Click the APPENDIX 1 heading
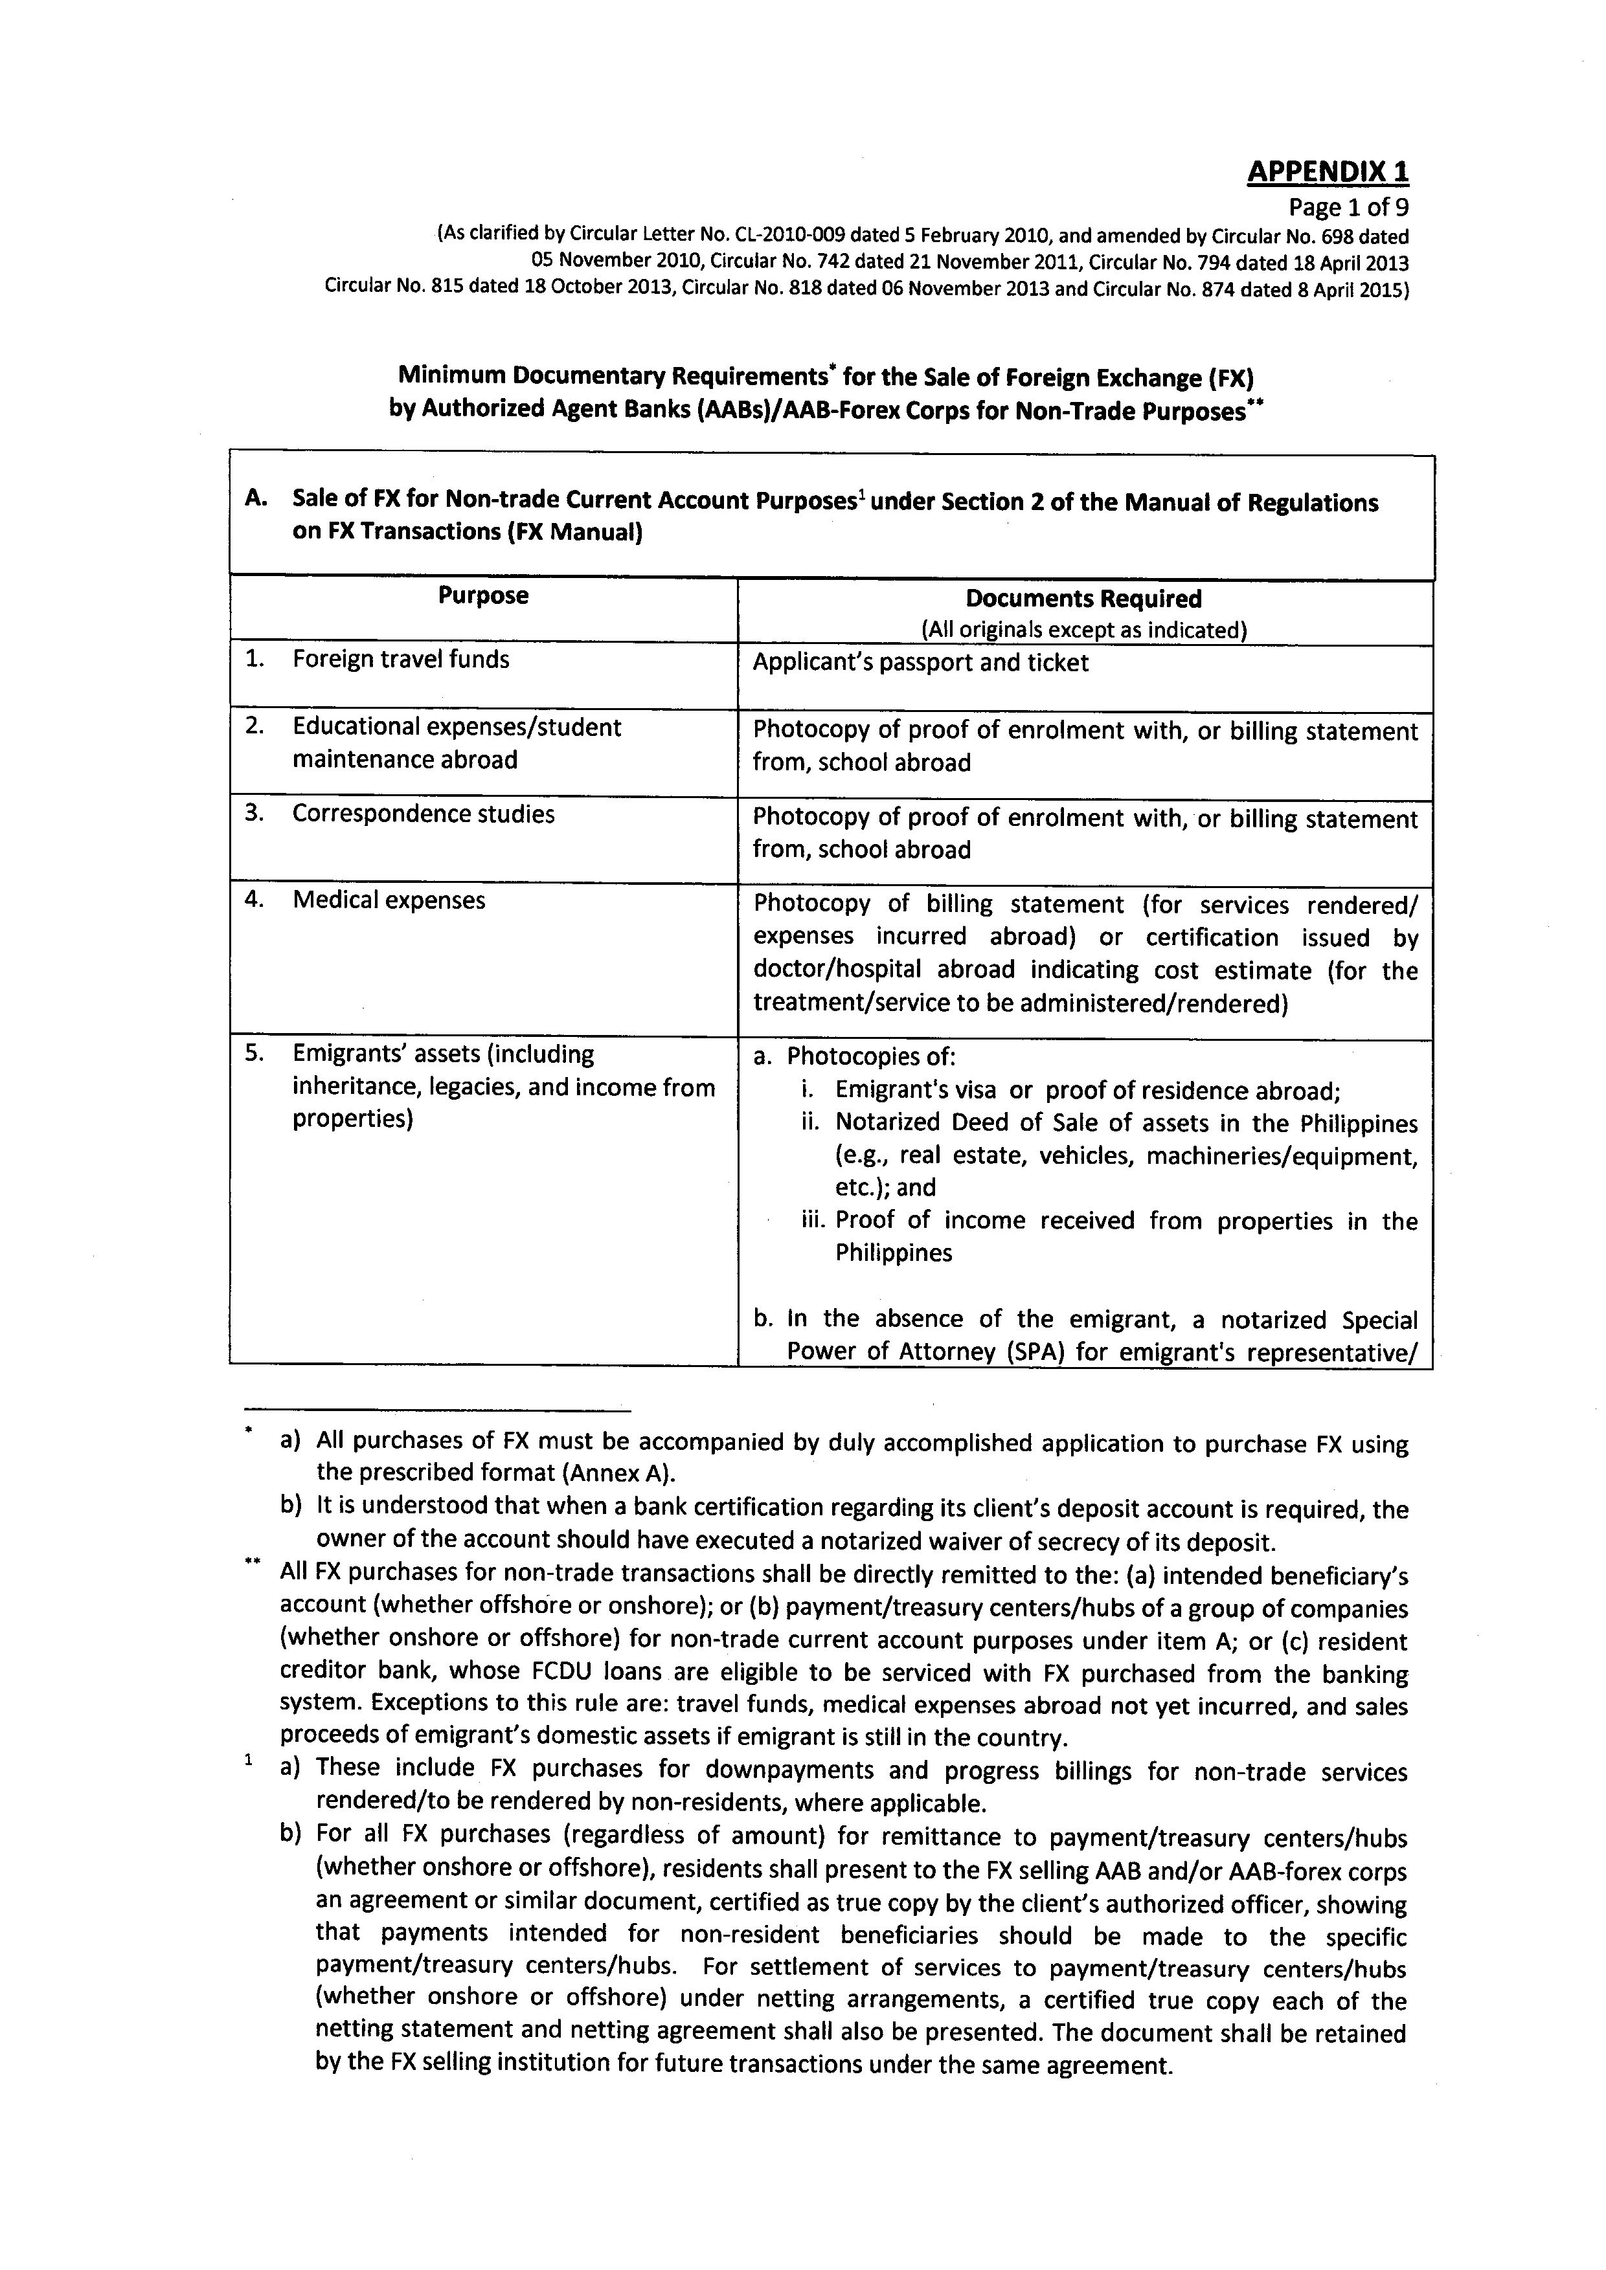click(x=1327, y=172)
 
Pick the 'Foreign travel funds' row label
click(x=400, y=660)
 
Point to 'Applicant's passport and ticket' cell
click(x=920, y=662)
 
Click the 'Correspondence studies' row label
click(x=424, y=814)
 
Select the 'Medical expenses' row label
click(x=389, y=900)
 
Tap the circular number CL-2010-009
click(x=788, y=236)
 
